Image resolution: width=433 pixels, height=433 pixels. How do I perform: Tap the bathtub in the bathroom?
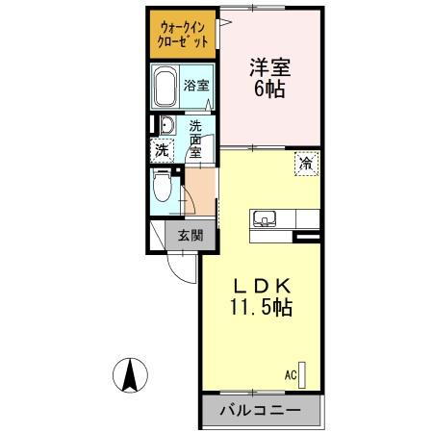click(165, 89)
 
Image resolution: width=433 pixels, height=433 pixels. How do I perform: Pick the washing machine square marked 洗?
click(163, 150)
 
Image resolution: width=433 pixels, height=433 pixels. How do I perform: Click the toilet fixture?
click(165, 189)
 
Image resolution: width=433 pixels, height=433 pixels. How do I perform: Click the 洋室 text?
click(269, 68)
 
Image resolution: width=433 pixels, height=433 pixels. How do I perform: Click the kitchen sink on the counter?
click(266, 216)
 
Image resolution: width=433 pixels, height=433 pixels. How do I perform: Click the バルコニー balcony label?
click(259, 411)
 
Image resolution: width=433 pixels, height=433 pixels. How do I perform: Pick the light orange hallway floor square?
click(199, 183)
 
